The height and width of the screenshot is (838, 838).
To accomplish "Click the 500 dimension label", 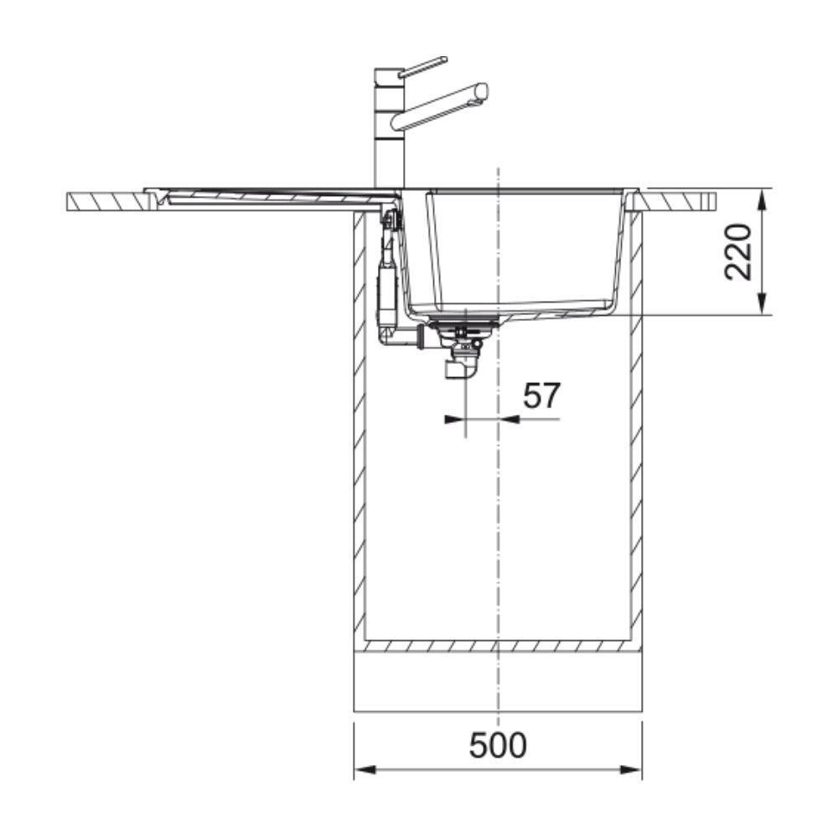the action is click(x=498, y=746).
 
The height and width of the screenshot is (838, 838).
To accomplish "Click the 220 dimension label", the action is click(x=738, y=252).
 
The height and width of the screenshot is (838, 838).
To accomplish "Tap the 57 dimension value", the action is click(x=541, y=396).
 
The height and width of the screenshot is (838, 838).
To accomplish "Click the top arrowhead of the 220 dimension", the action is click(x=763, y=199).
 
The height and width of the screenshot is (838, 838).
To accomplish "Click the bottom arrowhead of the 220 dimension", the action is click(x=763, y=304).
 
